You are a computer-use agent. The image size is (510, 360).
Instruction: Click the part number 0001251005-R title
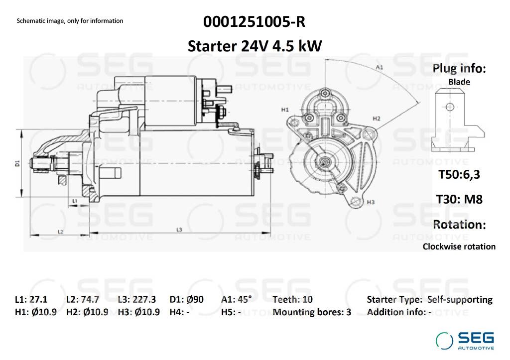click(255, 22)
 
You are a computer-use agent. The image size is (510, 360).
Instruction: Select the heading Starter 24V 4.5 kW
click(255, 46)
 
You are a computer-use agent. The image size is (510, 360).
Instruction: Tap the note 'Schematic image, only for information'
click(70, 21)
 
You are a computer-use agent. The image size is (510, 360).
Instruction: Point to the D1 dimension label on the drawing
click(17, 163)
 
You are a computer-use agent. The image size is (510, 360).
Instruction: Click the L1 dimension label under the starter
click(75, 201)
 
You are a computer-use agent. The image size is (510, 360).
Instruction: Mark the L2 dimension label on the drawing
click(60, 232)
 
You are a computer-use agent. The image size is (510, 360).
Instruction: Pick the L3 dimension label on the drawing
click(179, 230)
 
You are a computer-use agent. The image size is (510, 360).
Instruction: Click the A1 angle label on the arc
click(380, 67)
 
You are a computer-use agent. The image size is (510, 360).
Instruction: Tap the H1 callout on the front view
click(285, 110)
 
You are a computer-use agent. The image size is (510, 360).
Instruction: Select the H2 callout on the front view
click(377, 119)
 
